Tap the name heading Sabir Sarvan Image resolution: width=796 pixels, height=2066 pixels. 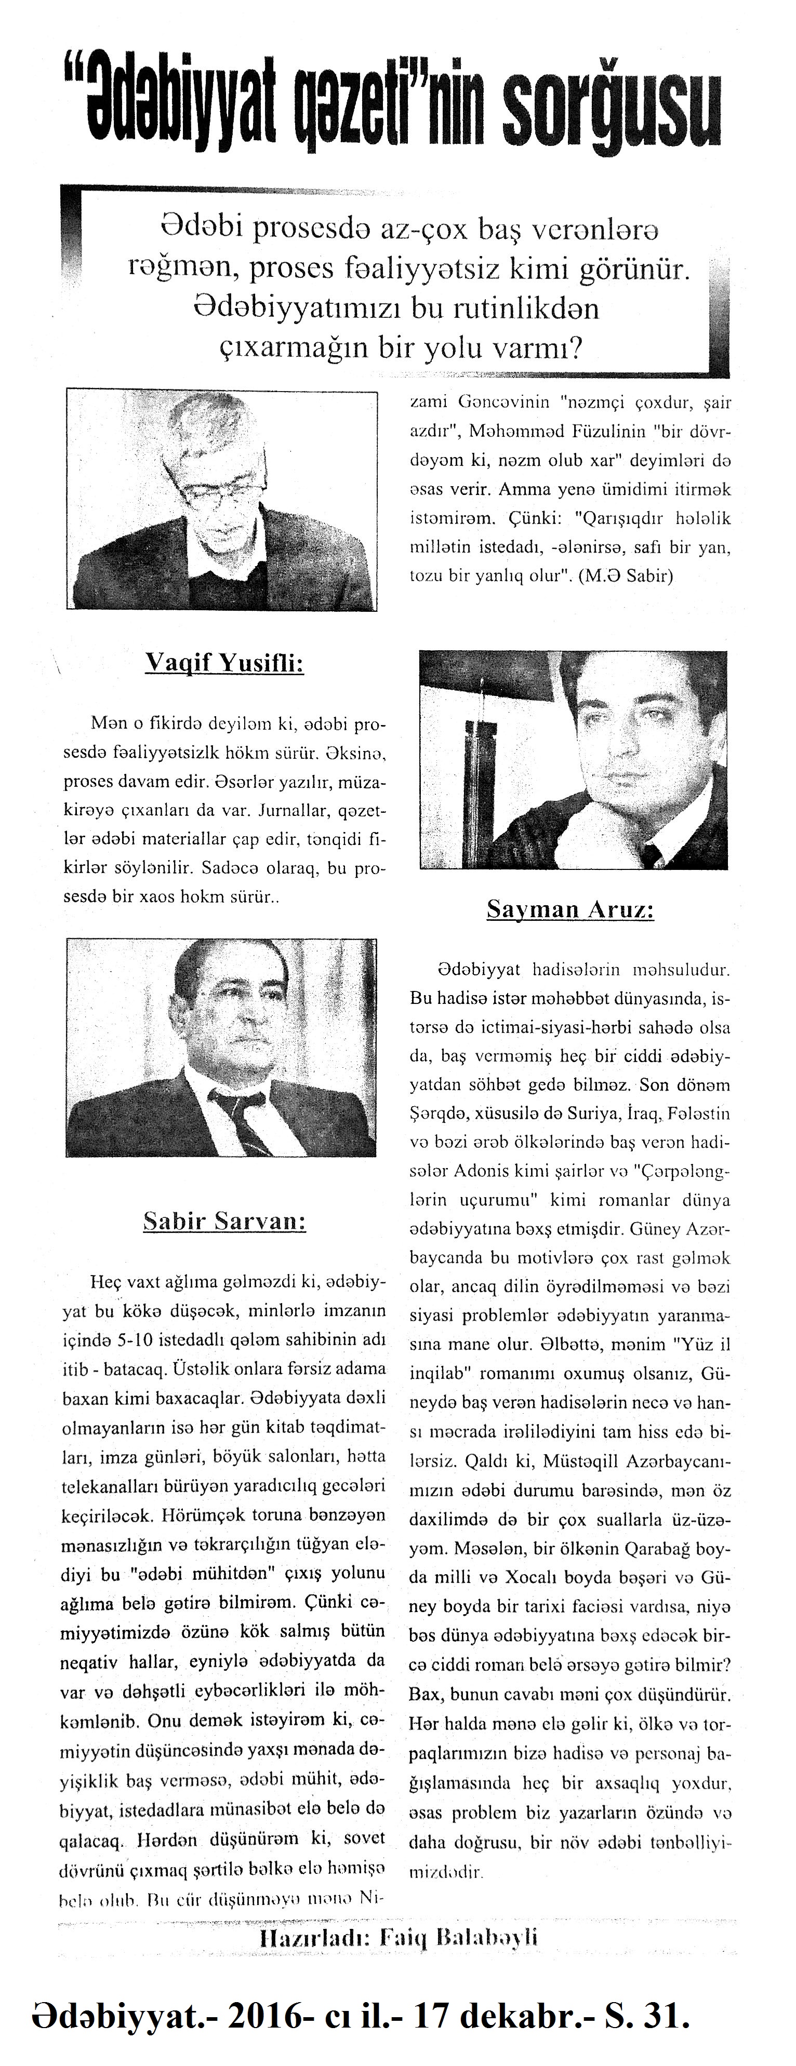224,1220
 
